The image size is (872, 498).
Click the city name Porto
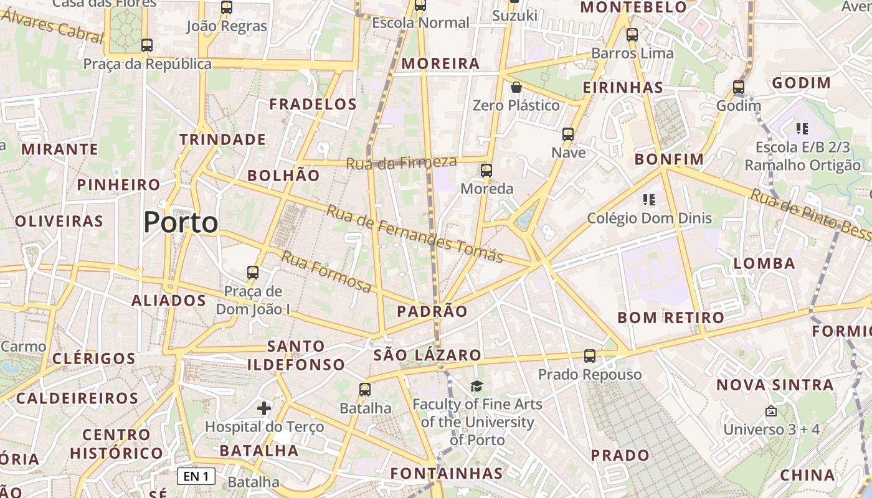(x=181, y=222)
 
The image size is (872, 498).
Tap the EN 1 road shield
(x=196, y=477)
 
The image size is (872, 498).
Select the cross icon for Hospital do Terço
(x=264, y=408)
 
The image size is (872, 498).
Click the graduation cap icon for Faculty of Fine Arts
(x=476, y=387)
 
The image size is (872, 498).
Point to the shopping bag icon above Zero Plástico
(x=516, y=87)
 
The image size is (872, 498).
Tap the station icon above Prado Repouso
(x=590, y=356)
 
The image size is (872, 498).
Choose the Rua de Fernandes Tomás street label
(x=415, y=234)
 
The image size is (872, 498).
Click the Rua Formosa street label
(x=326, y=271)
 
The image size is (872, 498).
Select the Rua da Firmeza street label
(x=401, y=163)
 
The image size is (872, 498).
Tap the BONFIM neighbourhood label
(x=669, y=159)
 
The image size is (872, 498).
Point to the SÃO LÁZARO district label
(x=427, y=355)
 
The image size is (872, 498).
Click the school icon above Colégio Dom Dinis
(x=649, y=200)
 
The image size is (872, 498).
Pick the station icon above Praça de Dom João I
(x=253, y=272)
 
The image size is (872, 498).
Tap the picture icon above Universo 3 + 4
(x=771, y=411)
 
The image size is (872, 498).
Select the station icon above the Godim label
(x=739, y=87)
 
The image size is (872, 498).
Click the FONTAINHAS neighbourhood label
(x=447, y=473)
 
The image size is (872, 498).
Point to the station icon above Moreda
(x=486, y=170)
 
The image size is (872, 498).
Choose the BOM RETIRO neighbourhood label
(x=671, y=317)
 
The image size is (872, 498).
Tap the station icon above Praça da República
(x=147, y=45)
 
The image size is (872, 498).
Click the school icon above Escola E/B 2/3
(x=802, y=129)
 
